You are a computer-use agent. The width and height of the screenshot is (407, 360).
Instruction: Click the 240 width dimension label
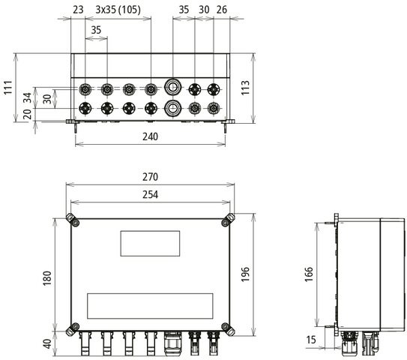click(x=150, y=136)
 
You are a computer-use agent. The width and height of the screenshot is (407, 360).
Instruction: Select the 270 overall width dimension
click(x=150, y=177)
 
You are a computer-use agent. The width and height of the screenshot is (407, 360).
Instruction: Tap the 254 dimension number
click(x=150, y=194)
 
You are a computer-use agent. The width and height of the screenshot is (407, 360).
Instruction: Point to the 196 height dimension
click(x=245, y=274)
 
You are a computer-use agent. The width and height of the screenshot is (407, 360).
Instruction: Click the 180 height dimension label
click(x=47, y=278)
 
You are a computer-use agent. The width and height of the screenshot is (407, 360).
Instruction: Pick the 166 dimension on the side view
click(x=309, y=274)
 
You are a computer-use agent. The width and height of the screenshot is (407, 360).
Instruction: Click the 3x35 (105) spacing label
click(x=118, y=10)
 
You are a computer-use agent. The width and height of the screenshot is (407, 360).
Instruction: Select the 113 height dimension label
click(x=245, y=88)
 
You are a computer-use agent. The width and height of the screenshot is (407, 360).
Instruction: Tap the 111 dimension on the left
click(x=8, y=88)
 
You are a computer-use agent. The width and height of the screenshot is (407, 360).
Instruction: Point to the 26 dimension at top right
click(x=222, y=10)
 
